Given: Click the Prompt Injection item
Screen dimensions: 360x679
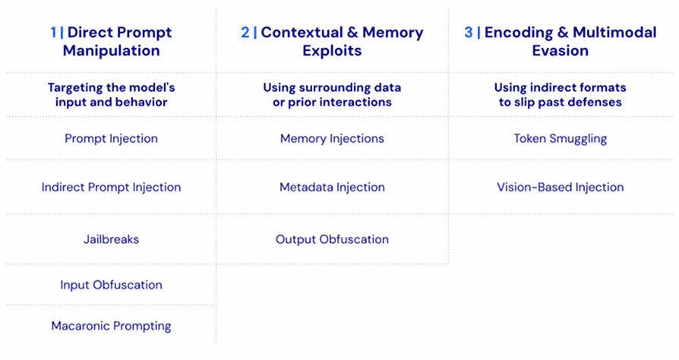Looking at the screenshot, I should (x=111, y=139).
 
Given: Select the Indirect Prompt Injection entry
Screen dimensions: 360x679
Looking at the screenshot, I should (x=111, y=187).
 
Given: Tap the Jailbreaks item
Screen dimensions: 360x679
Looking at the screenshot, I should (x=111, y=239).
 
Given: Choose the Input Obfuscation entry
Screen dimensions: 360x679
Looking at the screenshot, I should (x=111, y=285).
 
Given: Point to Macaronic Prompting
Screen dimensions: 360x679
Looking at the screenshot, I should (x=111, y=326).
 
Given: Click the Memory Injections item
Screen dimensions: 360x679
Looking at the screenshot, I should (x=332, y=139).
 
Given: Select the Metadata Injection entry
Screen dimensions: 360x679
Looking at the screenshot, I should (x=332, y=187).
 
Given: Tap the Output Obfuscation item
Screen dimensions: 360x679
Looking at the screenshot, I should (x=332, y=239).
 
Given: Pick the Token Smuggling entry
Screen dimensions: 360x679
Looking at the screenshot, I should (x=561, y=139).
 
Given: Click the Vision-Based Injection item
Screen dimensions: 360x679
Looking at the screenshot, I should (x=561, y=187).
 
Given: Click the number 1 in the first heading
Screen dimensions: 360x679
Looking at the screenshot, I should (x=53, y=33).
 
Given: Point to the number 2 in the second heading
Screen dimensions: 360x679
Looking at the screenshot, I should (x=245, y=33).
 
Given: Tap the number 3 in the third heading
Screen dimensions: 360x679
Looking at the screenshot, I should (x=468, y=33).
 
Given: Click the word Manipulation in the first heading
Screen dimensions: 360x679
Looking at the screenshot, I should (x=111, y=52).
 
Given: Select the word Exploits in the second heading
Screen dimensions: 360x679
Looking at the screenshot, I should (x=332, y=52).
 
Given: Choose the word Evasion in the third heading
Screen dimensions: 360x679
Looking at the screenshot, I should (x=561, y=52).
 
